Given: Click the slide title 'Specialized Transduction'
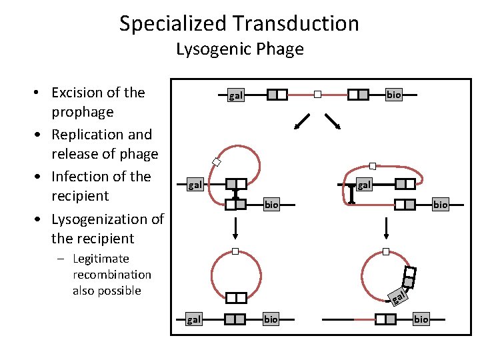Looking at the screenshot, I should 239,24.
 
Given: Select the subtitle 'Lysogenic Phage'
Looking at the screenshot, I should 239,49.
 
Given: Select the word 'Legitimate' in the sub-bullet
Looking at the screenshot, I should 101,259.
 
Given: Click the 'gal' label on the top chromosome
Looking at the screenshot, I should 236,95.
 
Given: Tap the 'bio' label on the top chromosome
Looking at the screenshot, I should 394,95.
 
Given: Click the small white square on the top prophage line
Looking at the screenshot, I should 318,95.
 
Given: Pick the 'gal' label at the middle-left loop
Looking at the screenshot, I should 195,184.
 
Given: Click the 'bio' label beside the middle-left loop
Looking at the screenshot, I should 271,205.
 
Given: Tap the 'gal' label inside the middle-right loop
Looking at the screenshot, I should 364,184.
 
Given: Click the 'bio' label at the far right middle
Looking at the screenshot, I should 440,205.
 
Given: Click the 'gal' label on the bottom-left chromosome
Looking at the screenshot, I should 193,319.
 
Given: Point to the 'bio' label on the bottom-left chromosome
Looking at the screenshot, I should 271,319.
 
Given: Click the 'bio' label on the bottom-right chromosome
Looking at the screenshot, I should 421,319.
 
